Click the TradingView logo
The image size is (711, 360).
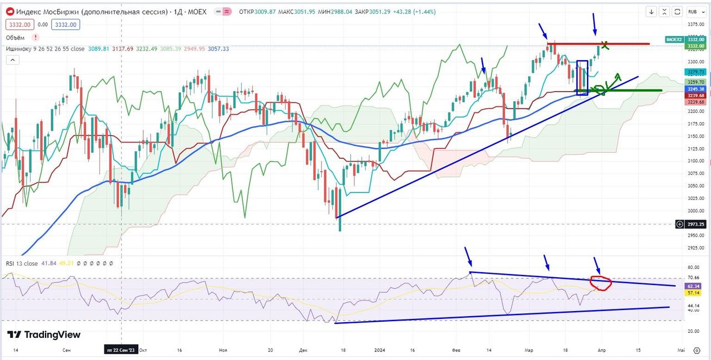(x=44, y=334)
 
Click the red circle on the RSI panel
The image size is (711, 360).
(x=600, y=283)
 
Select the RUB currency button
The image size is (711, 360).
(x=692, y=11)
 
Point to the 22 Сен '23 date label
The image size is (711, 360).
(x=121, y=350)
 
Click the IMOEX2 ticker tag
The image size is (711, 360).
(x=675, y=39)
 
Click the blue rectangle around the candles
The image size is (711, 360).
(x=582, y=78)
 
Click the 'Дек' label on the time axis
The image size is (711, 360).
(x=303, y=350)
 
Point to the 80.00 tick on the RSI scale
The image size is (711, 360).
(x=693, y=267)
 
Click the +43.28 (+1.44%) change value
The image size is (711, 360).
(x=414, y=12)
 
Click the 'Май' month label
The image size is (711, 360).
(x=681, y=350)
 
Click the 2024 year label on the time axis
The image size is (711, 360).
(x=379, y=350)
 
